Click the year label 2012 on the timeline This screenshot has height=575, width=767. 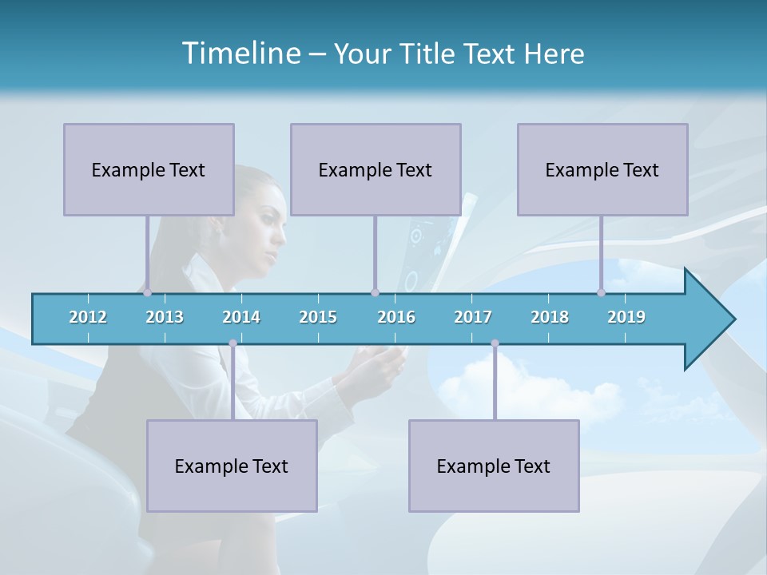(88, 317)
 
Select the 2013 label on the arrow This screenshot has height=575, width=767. (165, 317)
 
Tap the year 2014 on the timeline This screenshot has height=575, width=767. (241, 317)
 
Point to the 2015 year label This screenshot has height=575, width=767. (318, 317)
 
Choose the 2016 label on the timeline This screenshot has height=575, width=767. (396, 317)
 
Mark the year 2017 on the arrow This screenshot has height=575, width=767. (473, 317)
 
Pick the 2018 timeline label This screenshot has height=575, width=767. (550, 317)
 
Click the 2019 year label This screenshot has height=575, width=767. (626, 317)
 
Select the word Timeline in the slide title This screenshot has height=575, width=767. (240, 54)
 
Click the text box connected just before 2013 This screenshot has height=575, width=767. (149, 169)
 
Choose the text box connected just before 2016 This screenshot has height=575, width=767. (376, 169)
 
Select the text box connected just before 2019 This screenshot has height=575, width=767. (602, 169)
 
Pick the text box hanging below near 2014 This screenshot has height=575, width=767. (232, 466)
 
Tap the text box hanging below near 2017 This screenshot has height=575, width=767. (494, 466)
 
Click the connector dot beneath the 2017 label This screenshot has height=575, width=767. (495, 343)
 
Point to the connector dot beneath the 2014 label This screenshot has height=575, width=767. (232, 343)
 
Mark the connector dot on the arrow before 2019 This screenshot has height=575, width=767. (601, 292)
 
